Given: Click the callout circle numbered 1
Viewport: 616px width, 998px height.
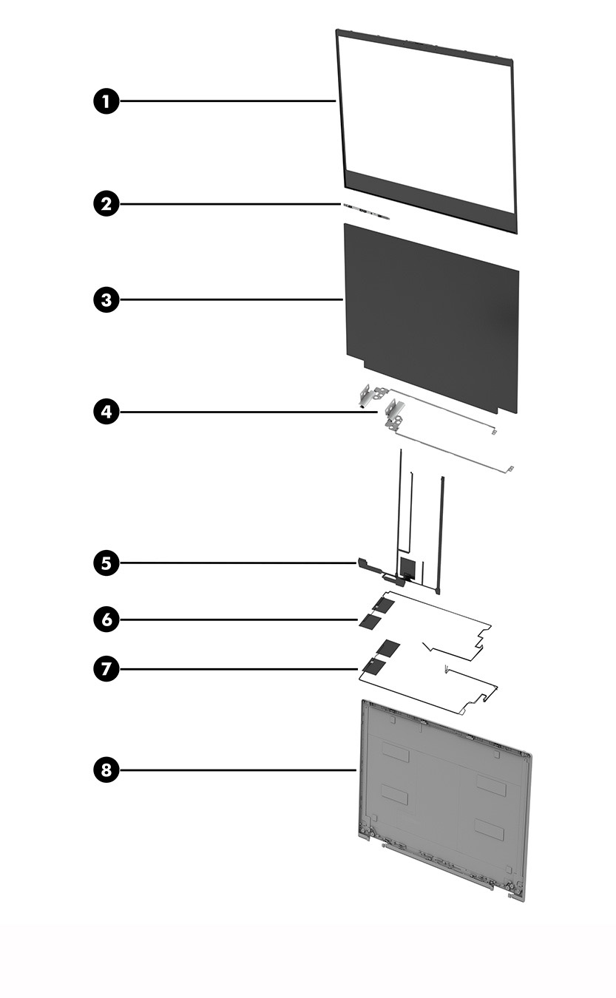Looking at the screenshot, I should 106,101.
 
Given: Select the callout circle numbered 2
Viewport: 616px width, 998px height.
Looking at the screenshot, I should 106,203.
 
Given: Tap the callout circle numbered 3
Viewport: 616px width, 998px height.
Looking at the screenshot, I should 106,299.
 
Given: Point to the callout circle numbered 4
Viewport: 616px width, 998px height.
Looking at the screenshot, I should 106,412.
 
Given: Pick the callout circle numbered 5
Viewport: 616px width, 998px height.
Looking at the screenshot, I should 106,563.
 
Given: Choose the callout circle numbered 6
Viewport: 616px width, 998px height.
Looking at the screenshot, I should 106,619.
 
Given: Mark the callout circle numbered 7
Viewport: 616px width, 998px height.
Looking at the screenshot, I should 106,669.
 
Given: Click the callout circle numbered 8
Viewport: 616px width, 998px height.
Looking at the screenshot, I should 106,770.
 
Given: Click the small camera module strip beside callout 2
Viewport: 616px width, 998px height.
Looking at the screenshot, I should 367,210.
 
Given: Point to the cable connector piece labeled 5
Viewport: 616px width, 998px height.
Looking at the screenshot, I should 364,566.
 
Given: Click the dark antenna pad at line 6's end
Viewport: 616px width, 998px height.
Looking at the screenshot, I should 368,622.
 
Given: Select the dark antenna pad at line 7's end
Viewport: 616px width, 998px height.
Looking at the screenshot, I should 374,668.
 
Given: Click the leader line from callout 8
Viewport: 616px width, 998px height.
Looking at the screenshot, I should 237,770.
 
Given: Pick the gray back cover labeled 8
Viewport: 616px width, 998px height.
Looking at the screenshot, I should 444,798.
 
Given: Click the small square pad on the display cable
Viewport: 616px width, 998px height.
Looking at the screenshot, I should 407,567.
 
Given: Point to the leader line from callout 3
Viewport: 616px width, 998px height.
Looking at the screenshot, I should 229,299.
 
